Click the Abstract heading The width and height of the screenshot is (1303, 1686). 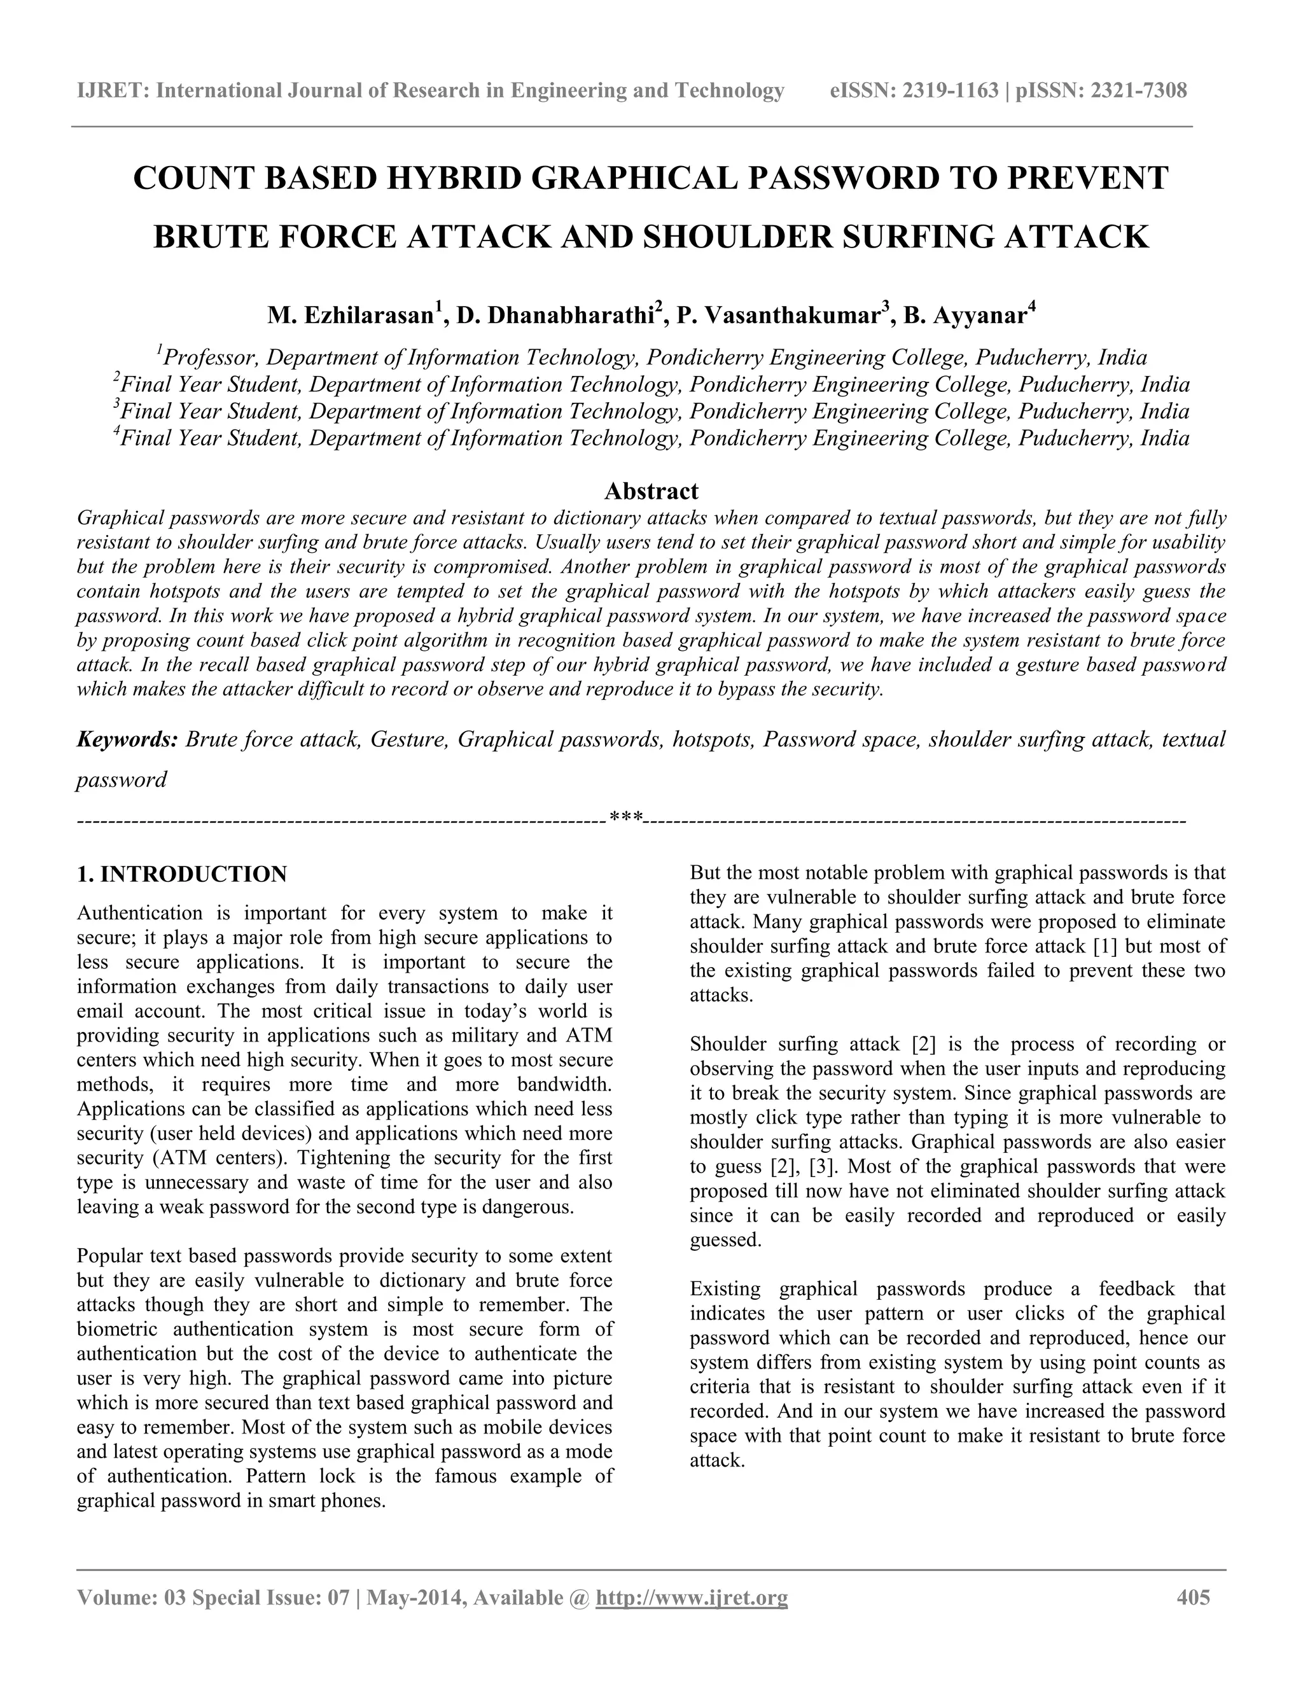coord(651,491)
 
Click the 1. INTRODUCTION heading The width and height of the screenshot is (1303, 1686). coord(182,875)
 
